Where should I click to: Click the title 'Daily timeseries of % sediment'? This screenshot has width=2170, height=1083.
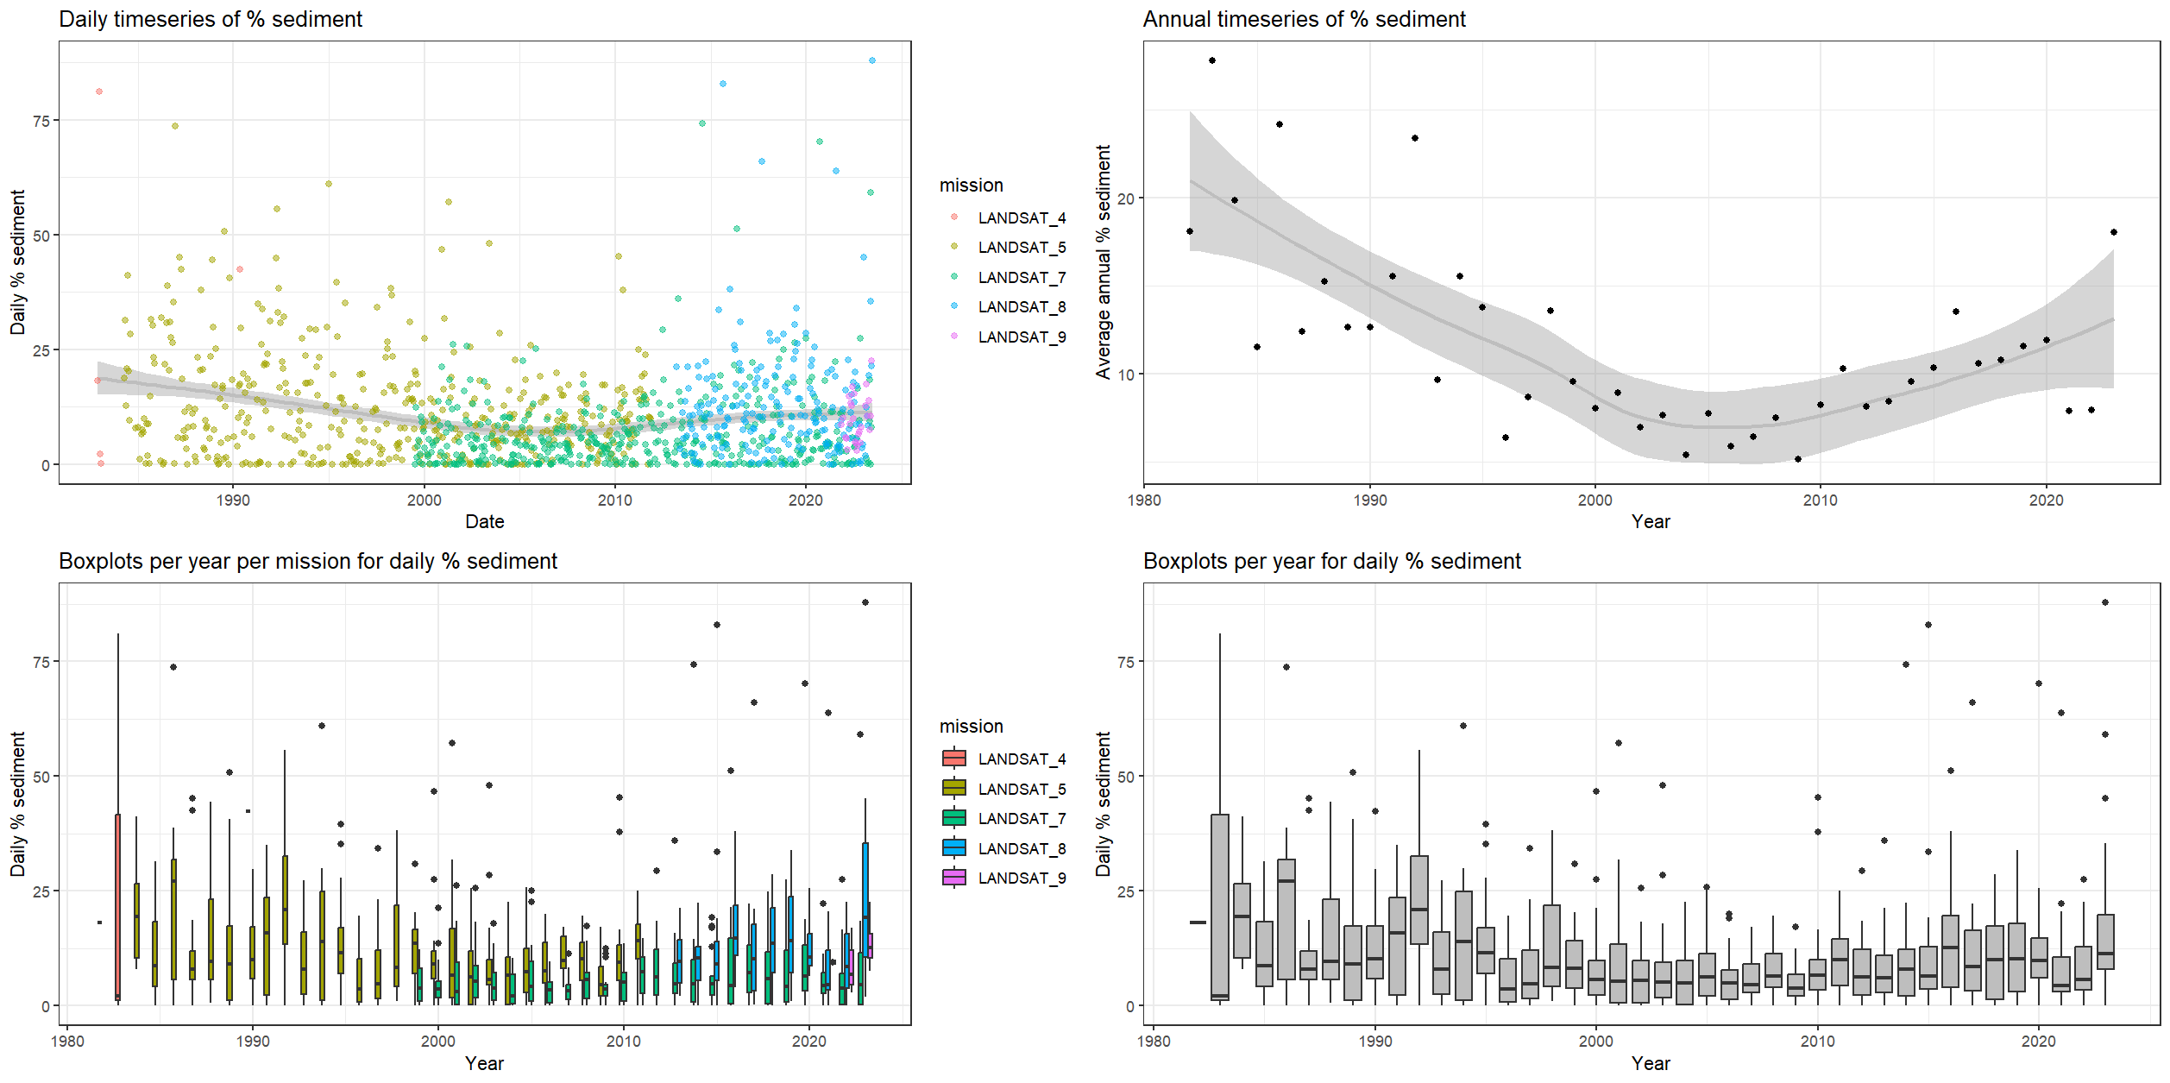(210, 19)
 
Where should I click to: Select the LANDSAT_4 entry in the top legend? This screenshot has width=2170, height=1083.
(1021, 218)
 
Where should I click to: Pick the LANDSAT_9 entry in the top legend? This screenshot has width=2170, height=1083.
(1021, 337)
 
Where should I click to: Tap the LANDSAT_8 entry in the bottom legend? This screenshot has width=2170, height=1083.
(1021, 848)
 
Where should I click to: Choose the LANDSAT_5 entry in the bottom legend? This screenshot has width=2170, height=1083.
(1021, 789)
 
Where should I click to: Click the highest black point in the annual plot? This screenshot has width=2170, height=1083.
(1211, 60)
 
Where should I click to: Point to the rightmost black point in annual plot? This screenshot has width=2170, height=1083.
(2113, 232)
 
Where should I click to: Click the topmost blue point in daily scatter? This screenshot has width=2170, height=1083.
(871, 60)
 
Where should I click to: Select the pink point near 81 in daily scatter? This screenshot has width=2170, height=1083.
(99, 91)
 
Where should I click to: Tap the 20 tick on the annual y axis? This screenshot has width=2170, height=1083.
(1125, 198)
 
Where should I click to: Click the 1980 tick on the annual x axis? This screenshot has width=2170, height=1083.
(1144, 501)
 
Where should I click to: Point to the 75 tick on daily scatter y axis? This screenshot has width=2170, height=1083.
(41, 122)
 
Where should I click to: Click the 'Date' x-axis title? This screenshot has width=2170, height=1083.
(484, 521)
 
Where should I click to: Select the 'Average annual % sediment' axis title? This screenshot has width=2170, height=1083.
(1103, 261)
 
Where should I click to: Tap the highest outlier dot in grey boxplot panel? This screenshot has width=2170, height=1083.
(2104, 602)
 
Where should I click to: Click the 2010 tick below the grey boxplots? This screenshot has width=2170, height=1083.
(1817, 1041)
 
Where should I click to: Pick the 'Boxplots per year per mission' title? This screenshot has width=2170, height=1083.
(307, 561)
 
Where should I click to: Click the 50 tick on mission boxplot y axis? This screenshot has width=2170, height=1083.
(41, 777)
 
